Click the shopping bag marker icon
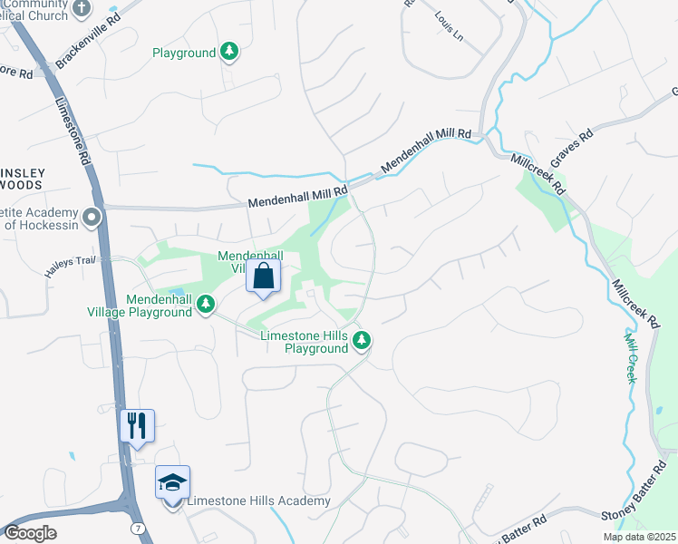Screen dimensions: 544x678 click(263, 277)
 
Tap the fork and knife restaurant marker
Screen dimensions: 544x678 click(137, 425)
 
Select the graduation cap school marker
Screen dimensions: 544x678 click(172, 482)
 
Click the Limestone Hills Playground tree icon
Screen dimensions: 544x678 click(362, 341)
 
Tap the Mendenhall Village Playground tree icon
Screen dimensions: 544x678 click(206, 302)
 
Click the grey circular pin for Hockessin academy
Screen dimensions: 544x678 click(91, 218)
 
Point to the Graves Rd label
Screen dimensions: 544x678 click(573, 141)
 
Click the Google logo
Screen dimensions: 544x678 click(30, 533)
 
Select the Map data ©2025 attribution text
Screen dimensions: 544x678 click(639, 537)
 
